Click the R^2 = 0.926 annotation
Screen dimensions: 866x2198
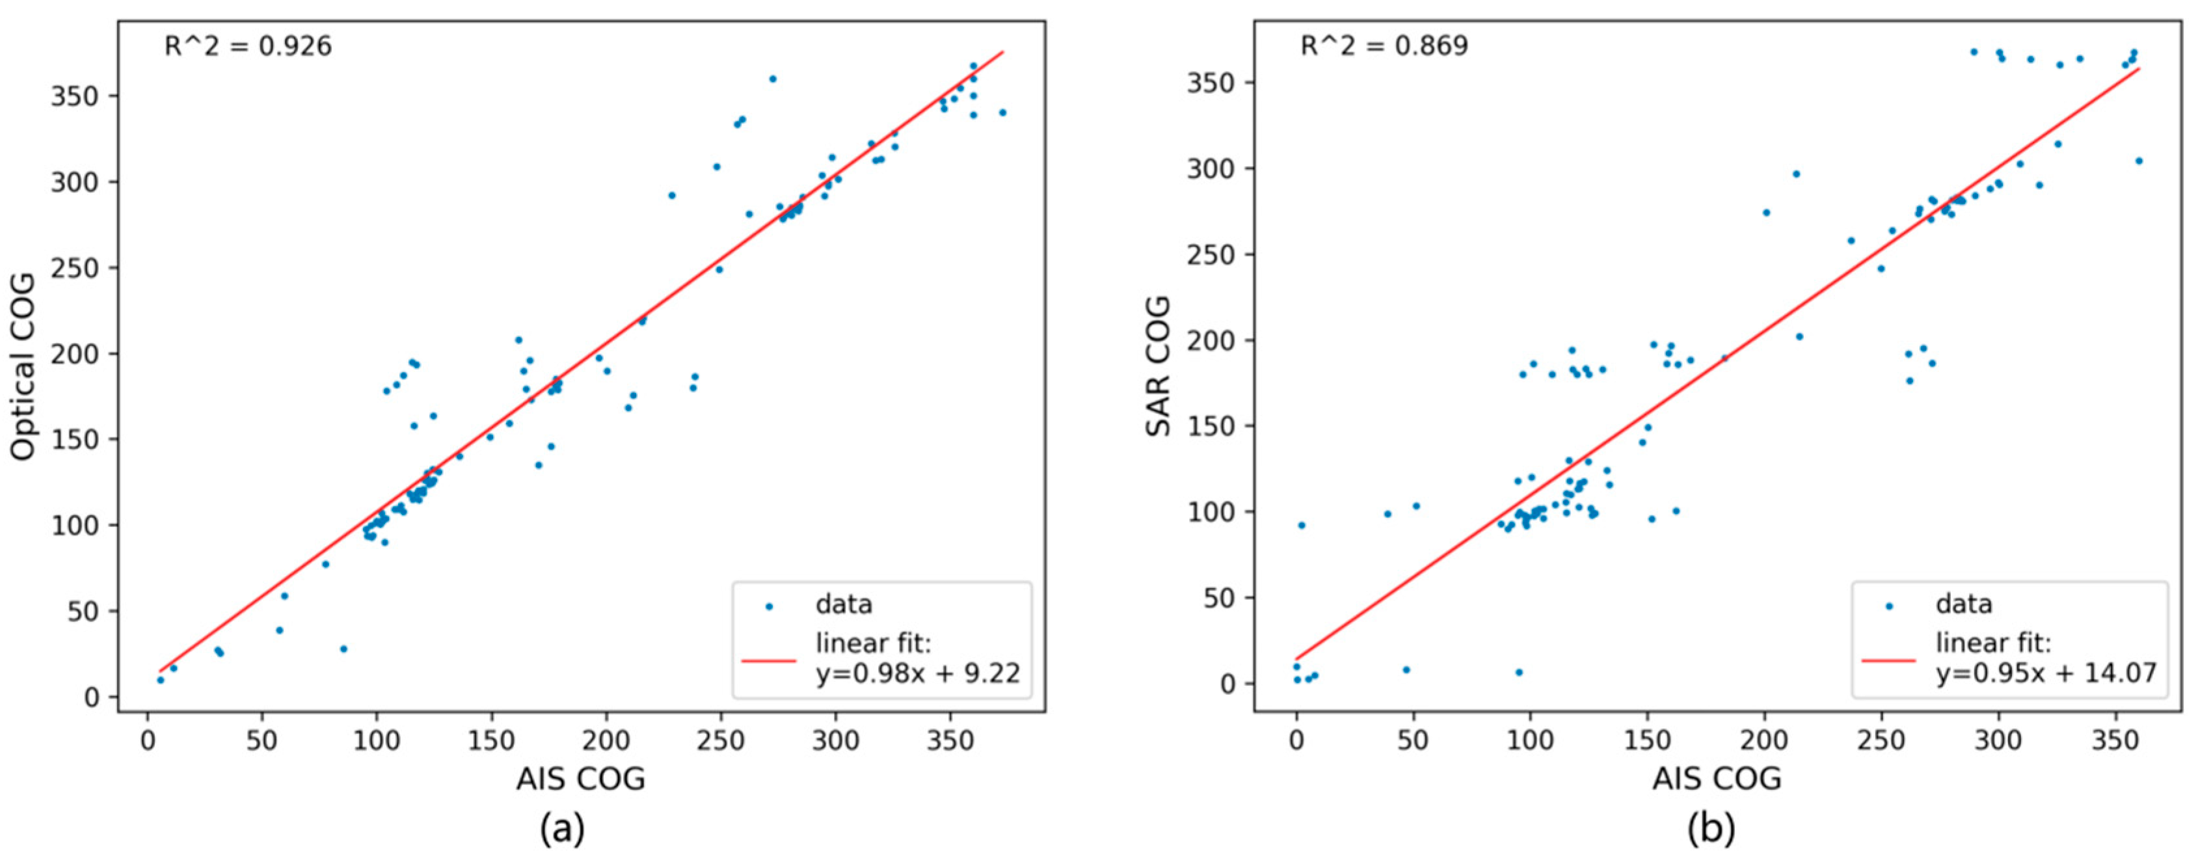[247, 46]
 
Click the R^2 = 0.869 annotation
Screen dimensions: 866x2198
[1384, 46]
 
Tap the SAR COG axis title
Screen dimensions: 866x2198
[1158, 367]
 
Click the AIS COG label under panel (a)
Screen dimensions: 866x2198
[580, 778]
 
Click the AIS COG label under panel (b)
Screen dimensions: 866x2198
[1717, 778]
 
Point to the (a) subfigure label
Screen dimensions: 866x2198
[562, 828]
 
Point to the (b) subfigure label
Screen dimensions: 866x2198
[1711, 828]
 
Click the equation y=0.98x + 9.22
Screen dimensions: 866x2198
[917, 674]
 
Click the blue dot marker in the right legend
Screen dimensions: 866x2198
[1889, 606]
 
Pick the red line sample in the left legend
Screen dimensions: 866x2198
[769, 660]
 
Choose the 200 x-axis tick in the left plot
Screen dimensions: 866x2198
[606, 740]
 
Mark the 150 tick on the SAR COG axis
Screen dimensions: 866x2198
[1212, 427]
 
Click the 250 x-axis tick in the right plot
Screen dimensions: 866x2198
[1881, 740]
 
